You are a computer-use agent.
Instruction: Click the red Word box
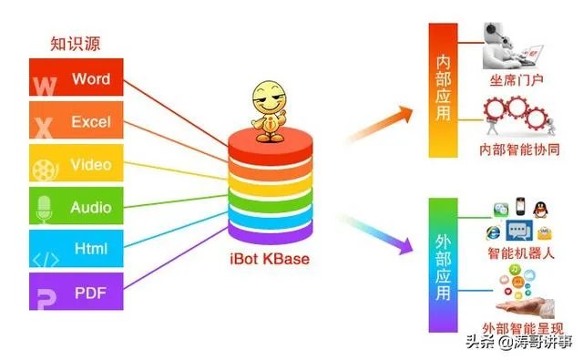(x=83, y=78)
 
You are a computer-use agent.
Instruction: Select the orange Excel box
(x=83, y=121)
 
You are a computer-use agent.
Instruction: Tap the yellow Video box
(x=83, y=165)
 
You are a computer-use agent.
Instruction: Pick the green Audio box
(x=83, y=208)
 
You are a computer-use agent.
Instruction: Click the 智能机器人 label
(x=520, y=254)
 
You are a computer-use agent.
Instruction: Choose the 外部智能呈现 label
(x=520, y=327)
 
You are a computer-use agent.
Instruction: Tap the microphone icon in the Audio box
(x=44, y=211)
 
